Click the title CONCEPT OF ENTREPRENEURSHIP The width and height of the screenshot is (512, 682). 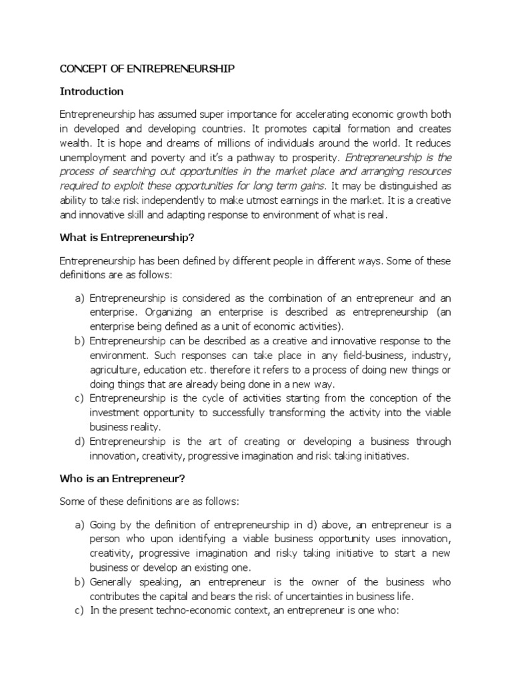coord(147,69)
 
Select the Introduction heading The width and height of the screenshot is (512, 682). coord(91,91)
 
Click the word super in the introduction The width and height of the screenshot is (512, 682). coord(197,114)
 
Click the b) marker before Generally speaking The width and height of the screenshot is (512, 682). coord(78,582)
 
